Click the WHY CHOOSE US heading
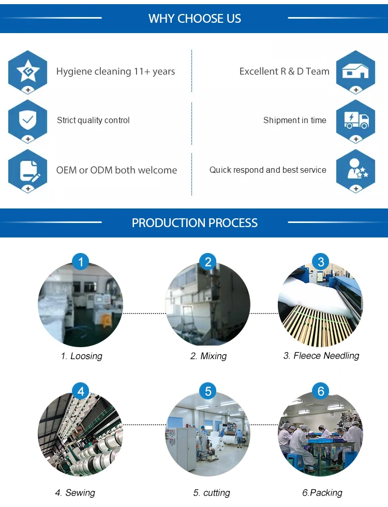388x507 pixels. click(x=195, y=19)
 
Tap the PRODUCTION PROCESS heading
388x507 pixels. click(x=195, y=223)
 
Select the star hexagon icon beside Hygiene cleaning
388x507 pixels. click(x=27, y=71)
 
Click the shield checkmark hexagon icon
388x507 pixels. click(x=27, y=120)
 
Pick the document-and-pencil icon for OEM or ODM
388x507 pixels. click(x=27, y=170)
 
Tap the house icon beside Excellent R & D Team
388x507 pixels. click(x=355, y=71)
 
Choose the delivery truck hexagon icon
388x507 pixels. click(x=355, y=120)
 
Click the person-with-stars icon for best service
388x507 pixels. click(x=355, y=170)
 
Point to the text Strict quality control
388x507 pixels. click(x=93, y=121)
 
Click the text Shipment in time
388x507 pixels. click(x=294, y=121)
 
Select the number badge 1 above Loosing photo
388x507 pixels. click(x=81, y=262)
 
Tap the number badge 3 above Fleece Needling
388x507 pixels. click(x=321, y=262)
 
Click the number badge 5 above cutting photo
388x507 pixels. click(x=208, y=391)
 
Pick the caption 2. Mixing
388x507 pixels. click(x=208, y=356)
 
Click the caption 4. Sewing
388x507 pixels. click(x=75, y=493)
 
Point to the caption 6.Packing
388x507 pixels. click(x=322, y=493)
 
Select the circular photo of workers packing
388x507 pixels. click(x=320, y=435)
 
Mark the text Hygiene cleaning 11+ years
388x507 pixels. click(x=115, y=71)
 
